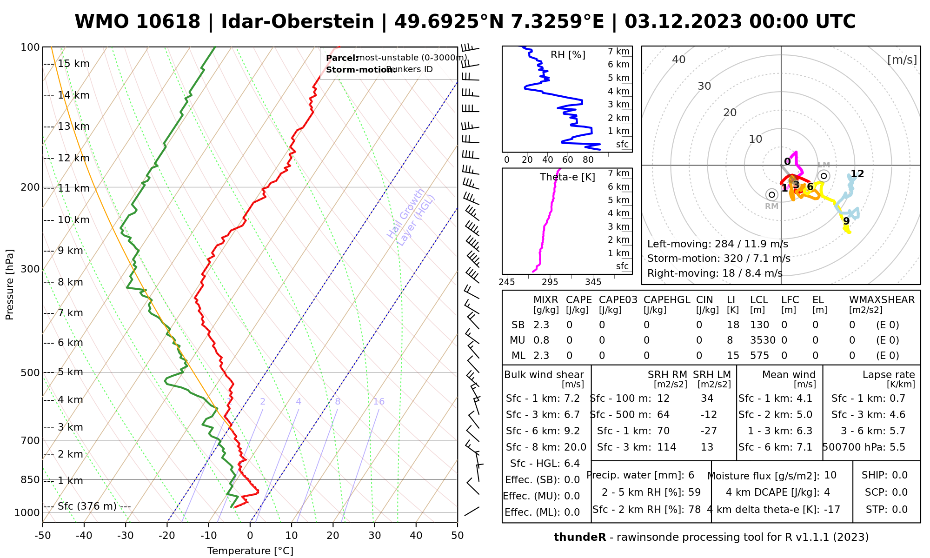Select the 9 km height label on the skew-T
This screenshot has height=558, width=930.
click(x=70, y=251)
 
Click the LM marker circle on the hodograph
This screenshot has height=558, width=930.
click(x=824, y=176)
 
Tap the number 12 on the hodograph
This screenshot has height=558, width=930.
click(x=857, y=174)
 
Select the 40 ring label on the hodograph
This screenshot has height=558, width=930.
click(x=679, y=60)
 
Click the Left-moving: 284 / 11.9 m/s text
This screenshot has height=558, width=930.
click(x=717, y=244)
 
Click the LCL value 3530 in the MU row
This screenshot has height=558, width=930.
click(x=763, y=340)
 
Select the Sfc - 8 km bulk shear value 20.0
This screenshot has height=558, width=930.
click(x=575, y=447)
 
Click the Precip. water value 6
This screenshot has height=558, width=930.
click(x=691, y=475)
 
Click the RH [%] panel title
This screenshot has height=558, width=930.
click(x=568, y=55)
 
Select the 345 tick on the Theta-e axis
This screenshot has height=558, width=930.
click(x=593, y=282)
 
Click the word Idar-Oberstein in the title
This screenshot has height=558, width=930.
click(x=298, y=22)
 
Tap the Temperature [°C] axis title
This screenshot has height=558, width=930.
click(x=250, y=551)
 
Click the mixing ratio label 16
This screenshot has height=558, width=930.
click(x=379, y=402)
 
